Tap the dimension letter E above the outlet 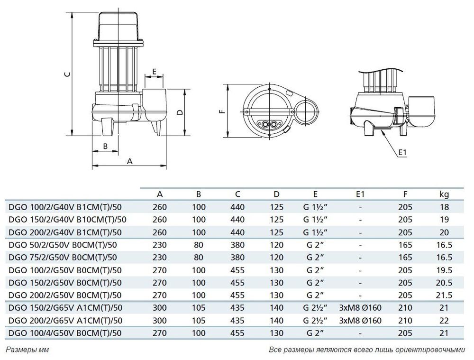pos(154,72)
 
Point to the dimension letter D pos(180,112)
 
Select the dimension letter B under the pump pos(106,146)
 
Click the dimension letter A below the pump pos(130,161)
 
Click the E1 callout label pos(402,152)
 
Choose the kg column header pos(444,194)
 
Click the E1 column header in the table pos(360,194)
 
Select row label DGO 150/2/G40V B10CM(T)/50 pos(68,220)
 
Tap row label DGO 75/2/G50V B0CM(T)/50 pos(63,258)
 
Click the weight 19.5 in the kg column pos(445,270)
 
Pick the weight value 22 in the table pos(444,320)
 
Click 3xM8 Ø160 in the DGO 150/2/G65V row pos(360,308)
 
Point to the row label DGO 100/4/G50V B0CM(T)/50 pos(65,333)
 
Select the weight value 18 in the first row pos(445,207)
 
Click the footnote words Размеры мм pos(27,350)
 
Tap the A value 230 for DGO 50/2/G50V pos(160,245)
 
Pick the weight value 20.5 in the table pos(445,283)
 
